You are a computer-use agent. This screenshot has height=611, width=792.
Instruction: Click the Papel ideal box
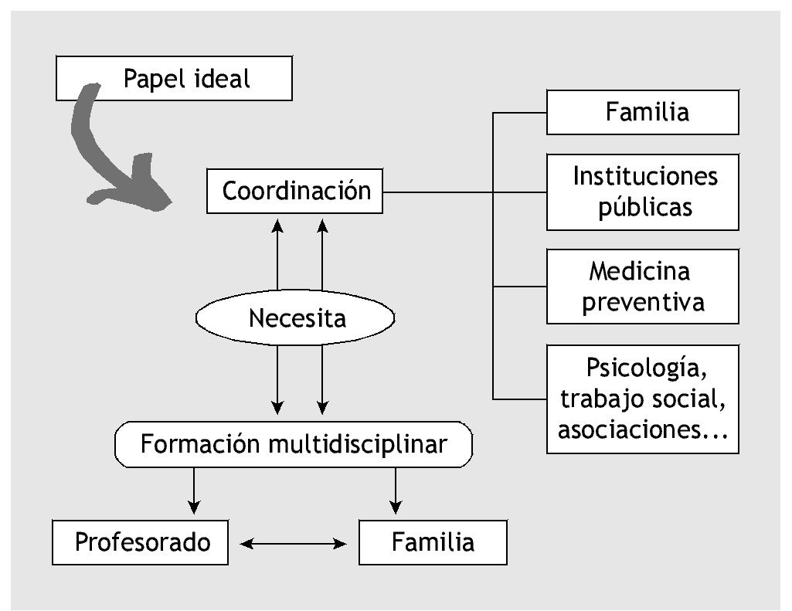[x=174, y=78]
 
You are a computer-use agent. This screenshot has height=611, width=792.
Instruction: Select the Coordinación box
[x=295, y=191]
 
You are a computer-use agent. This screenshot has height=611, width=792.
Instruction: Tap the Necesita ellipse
[x=295, y=317]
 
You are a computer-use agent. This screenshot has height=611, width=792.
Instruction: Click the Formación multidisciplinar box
[x=293, y=444]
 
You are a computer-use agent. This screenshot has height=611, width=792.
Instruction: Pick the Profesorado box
[x=141, y=542]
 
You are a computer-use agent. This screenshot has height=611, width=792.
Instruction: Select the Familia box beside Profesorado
[x=433, y=542]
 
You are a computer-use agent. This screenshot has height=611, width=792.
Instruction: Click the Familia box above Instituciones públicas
[x=643, y=112]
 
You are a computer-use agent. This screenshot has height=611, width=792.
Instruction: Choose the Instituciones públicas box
[x=643, y=192]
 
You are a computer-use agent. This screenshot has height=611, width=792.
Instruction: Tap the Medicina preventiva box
[x=643, y=286]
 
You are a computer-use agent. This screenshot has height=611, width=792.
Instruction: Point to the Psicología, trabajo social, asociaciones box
[x=643, y=399]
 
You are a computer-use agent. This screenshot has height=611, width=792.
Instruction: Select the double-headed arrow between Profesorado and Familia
[x=294, y=544]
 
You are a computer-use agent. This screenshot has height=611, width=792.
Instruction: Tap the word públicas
[x=645, y=207]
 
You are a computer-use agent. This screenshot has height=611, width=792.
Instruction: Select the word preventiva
[x=643, y=301]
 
